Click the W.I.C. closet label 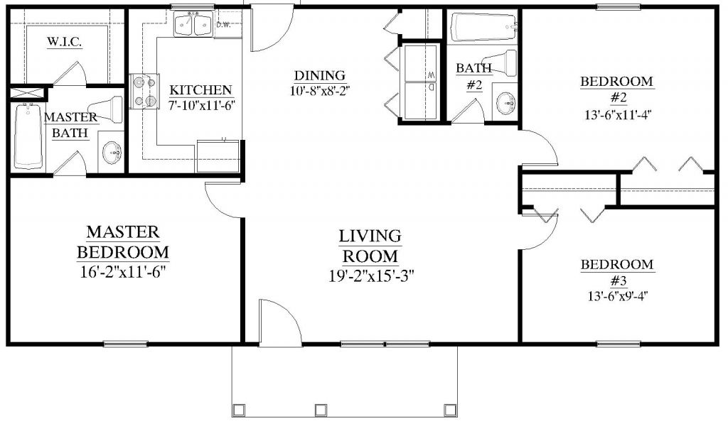pyautogui.click(x=65, y=42)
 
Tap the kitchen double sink pyautogui.click(x=193, y=24)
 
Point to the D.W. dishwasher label pyautogui.click(x=223, y=25)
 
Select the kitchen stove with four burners pyautogui.click(x=144, y=92)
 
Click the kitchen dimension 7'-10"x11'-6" pyautogui.click(x=201, y=105)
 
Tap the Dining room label pyautogui.click(x=320, y=75)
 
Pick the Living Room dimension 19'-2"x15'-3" pyautogui.click(x=371, y=275)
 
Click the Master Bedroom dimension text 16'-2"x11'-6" pyautogui.click(x=123, y=272)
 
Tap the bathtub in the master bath pyautogui.click(x=28, y=136)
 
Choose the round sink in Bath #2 pyautogui.click(x=505, y=104)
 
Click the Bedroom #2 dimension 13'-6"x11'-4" pyautogui.click(x=619, y=114)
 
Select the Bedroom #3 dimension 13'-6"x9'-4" pyautogui.click(x=618, y=296)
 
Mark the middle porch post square pyautogui.click(x=320, y=410)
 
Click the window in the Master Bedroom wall pyautogui.click(x=126, y=344)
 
